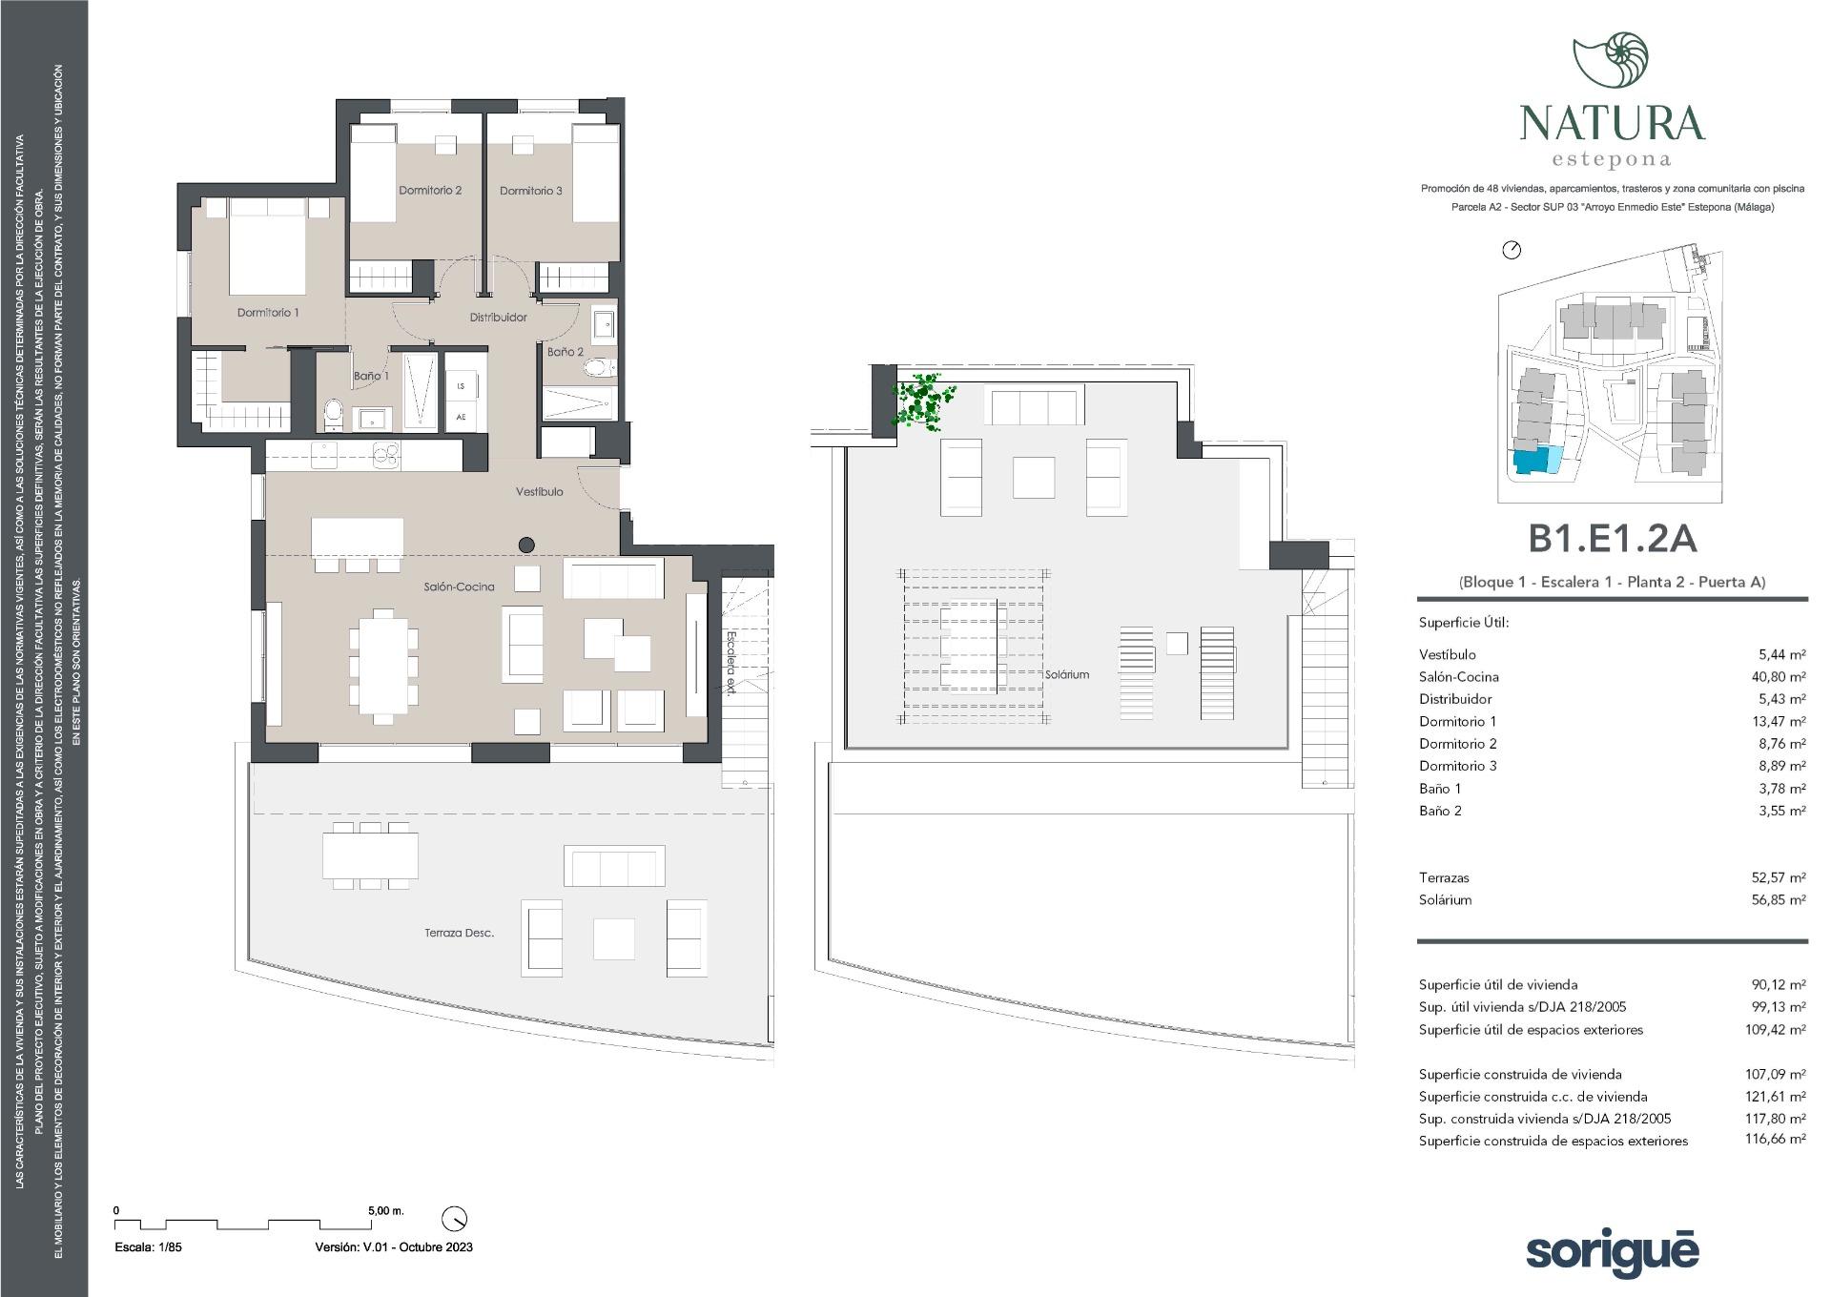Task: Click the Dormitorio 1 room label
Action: pyautogui.click(x=268, y=313)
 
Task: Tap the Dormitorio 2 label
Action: pyautogui.click(x=430, y=191)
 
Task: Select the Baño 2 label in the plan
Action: pyautogui.click(x=566, y=352)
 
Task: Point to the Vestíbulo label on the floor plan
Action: pyautogui.click(x=540, y=492)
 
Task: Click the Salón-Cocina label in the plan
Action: pyautogui.click(x=460, y=587)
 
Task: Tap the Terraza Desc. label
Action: pyautogui.click(x=460, y=933)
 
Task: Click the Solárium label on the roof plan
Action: pyautogui.click(x=1067, y=674)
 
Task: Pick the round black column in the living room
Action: pyautogui.click(x=526, y=546)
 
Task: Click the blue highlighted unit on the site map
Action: pyautogui.click(x=1537, y=462)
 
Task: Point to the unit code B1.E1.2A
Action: pyautogui.click(x=1612, y=539)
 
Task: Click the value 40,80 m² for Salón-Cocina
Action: pyautogui.click(x=1782, y=677)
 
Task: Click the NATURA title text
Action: pyautogui.click(x=1612, y=123)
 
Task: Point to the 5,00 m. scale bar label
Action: pyautogui.click(x=386, y=1210)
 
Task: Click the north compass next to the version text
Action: pyautogui.click(x=455, y=1219)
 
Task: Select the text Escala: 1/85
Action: pyautogui.click(x=148, y=1247)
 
